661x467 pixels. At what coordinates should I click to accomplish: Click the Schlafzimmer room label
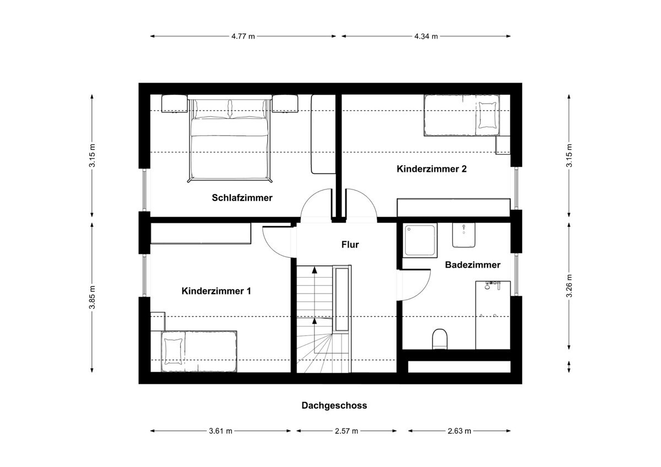pyautogui.click(x=242, y=198)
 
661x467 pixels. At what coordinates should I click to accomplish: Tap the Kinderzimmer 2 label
pyautogui.click(x=431, y=169)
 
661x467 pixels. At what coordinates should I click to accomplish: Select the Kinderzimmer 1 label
pyautogui.click(x=216, y=291)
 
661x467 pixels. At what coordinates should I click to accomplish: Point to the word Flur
pyautogui.click(x=350, y=245)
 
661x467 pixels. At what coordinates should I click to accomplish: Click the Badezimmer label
pyautogui.click(x=473, y=265)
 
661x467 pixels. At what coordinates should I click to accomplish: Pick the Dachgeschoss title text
pyautogui.click(x=334, y=406)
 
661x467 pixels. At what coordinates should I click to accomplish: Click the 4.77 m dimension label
pyautogui.click(x=243, y=37)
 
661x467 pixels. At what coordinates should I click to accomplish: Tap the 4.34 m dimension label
pyautogui.click(x=426, y=37)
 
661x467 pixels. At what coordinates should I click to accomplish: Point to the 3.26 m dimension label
pyautogui.click(x=570, y=286)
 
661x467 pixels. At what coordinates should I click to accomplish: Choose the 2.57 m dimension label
pyautogui.click(x=346, y=431)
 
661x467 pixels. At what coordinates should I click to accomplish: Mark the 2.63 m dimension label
pyautogui.click(x=459, y=431)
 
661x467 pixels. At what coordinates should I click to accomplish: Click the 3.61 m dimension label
pyautogui.click(x=220, y=431)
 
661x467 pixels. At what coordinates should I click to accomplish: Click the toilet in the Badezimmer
pyautogui.click(x=440, y=339)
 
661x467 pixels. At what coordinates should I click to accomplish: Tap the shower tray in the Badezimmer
pyautogui.click(x=420, y=240)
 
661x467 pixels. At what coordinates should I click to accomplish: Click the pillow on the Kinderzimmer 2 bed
pyautogui.click(x=486, y=115)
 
